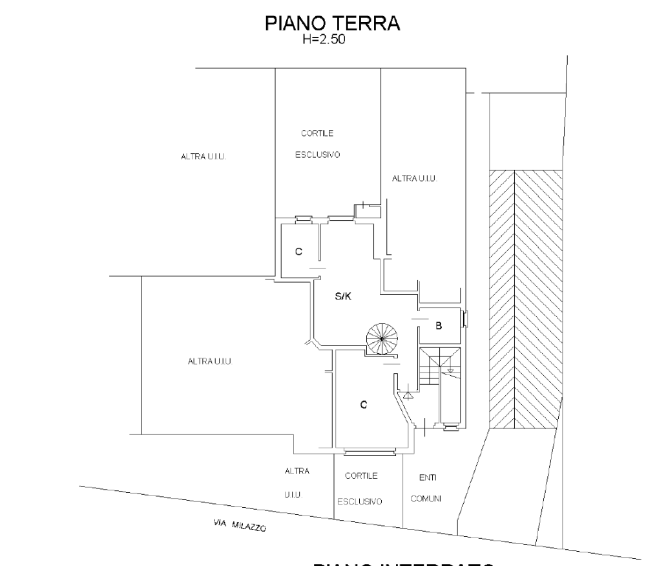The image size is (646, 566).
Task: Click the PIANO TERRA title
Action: (333, 23)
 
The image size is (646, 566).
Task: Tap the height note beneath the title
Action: (325, 40)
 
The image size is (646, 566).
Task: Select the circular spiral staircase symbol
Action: (382, 338)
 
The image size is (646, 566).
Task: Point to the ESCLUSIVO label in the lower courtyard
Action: (360, 502)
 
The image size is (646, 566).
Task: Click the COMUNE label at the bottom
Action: (426, 499)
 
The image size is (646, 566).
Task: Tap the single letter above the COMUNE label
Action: (426, 478)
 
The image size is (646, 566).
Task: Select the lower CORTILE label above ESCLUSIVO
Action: (362, 476)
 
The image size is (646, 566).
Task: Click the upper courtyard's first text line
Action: (317, 134)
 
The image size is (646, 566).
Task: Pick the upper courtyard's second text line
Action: (317, 155)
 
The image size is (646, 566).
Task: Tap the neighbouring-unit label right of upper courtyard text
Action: (415, 178)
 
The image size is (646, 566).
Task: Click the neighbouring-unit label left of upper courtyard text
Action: (203, 157)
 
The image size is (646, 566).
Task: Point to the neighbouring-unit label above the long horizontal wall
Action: (210, 361)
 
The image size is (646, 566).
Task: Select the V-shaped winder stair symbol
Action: (439, 359)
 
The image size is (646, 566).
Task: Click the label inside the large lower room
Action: (364, 405)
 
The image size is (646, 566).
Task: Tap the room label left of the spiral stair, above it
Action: (343, 298)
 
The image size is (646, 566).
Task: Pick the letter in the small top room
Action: (298, 252)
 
